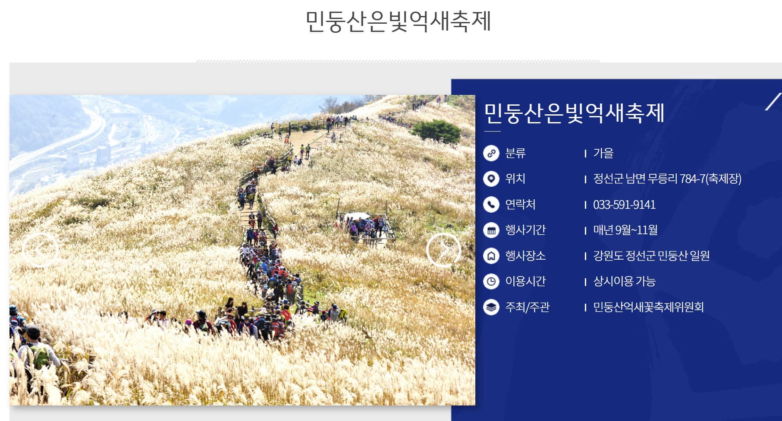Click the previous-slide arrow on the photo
coord(40,250)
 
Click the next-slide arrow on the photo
coord(443,250)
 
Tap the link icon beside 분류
coord(491,153)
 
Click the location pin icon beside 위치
coord(491,179)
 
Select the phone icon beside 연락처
coord(491,204)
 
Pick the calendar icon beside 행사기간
coord(491,230)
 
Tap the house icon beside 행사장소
coord(491,256)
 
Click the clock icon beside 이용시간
coord(491,281)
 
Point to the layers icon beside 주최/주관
coord(491,307)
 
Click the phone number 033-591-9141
coord(624,204)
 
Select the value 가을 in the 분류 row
coord(603,153)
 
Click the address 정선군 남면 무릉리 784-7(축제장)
coord(667,179)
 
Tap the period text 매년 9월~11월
coord(625,230)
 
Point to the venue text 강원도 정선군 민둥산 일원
coord(651,256)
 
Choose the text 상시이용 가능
coord(624,281)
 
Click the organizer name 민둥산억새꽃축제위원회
coord(648,307)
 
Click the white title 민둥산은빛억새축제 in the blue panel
coord(574,113)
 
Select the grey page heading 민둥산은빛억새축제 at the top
coord(398,21)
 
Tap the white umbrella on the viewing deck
coord(356,216)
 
